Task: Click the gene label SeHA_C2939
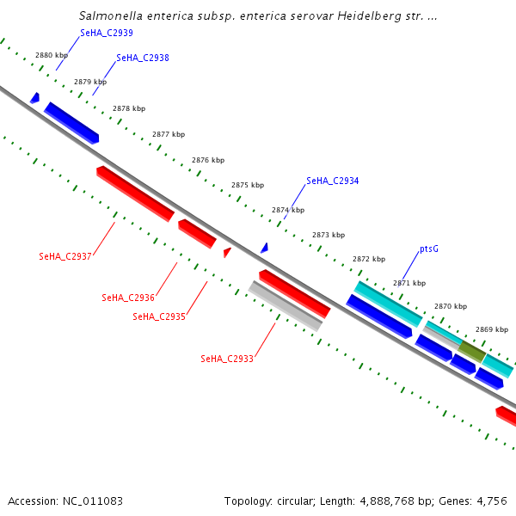106,33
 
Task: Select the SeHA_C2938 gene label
142,58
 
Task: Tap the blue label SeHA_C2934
332,181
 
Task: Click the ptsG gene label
429,249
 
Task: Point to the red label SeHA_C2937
64,256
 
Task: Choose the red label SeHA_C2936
127,298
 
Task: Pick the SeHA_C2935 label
158,316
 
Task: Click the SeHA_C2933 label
226,359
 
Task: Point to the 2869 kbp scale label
492,329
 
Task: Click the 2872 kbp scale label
368,259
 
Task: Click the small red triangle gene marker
227,252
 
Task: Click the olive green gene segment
471,350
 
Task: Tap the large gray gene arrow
286,305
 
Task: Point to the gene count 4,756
490,501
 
